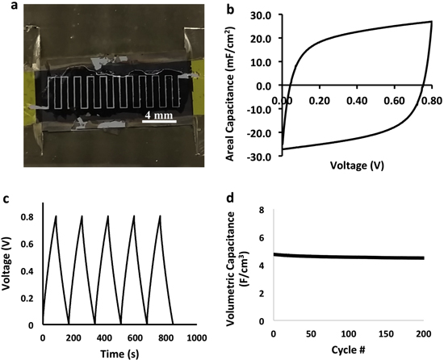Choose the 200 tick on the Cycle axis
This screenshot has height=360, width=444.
click(x=423, y=333)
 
